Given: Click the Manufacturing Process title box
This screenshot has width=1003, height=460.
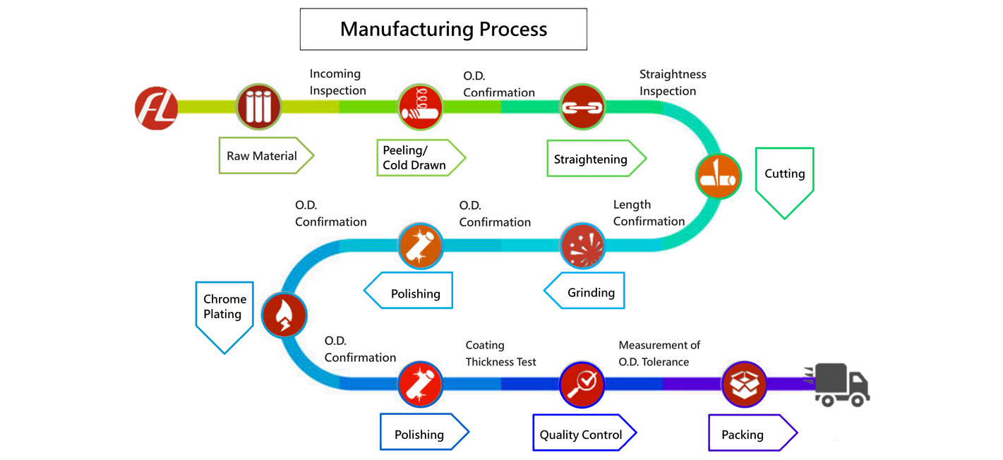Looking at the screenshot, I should [x=443, y=29].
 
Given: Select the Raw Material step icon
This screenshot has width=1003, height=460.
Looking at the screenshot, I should [x=258, y=107].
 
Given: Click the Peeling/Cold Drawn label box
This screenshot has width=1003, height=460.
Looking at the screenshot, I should [x=416, y=157].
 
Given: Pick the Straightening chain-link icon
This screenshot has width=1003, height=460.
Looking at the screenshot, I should [x=583, y=107].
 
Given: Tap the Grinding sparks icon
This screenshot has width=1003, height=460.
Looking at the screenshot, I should [x=583, y=246].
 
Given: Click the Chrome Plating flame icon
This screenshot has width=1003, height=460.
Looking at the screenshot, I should [x=284, y=315].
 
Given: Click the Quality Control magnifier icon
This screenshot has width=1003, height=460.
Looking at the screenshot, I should [x=582, y=384].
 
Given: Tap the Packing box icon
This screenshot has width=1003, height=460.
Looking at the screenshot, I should [x=744, y=384].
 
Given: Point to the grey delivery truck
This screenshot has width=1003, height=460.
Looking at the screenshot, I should [x=841, y=385].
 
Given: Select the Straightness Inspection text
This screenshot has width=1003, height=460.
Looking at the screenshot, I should [x=672, y=83].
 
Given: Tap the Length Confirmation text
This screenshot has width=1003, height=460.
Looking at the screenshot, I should [x=648, y=213].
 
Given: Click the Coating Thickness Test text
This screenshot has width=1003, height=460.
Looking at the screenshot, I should [x=500, y=353].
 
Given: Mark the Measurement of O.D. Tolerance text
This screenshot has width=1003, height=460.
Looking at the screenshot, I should [x=659, y=353].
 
